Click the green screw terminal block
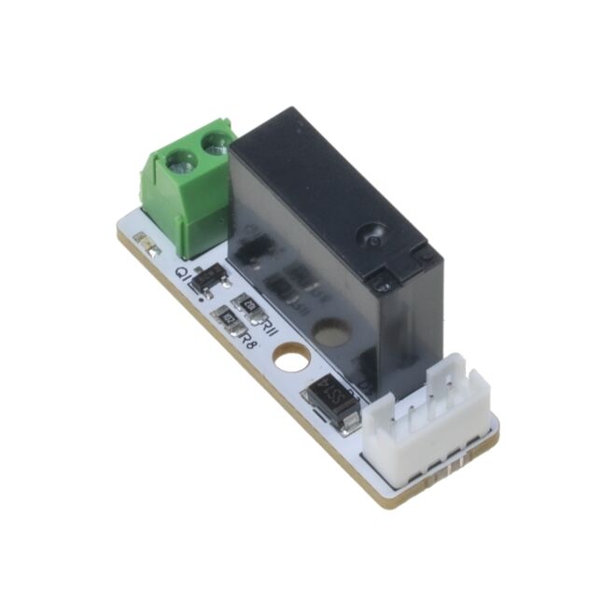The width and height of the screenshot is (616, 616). (185, 191)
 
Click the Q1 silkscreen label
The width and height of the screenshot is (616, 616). (184, 274)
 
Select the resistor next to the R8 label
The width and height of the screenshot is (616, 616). (229, 322)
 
